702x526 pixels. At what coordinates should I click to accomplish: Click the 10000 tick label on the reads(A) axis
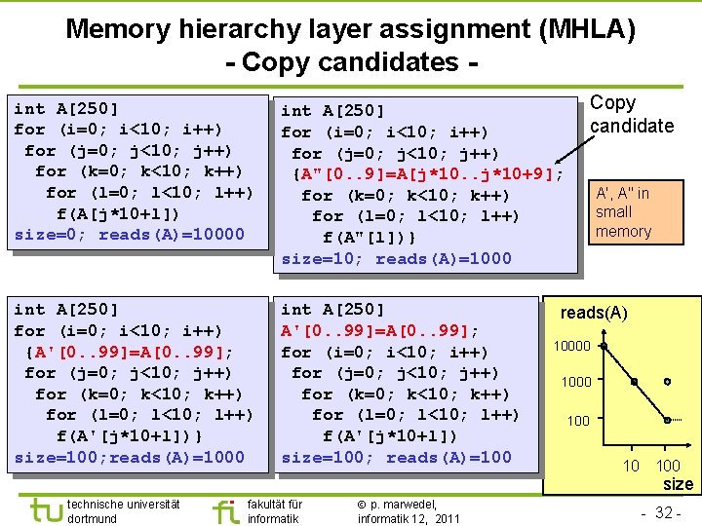(572, 346)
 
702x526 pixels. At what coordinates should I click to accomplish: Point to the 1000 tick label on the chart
(576, 382)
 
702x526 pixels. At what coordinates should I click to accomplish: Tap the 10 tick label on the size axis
(632, 466)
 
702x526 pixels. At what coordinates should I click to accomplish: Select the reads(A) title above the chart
(594, 313)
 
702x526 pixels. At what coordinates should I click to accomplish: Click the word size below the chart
(677, 484)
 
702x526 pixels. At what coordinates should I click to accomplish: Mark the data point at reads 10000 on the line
(604, 346)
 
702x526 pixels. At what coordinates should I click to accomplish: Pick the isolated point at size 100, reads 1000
(667, 382)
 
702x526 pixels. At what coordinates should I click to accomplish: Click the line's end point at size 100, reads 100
(667, 420)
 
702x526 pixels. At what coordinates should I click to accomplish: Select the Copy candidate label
(631, 114)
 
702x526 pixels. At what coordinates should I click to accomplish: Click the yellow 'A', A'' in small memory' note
(623, 211)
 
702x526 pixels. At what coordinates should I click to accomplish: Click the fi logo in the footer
(224, 510)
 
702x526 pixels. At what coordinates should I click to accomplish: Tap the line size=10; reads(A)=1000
(396, 259)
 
